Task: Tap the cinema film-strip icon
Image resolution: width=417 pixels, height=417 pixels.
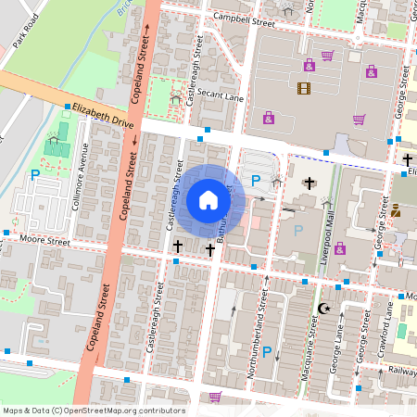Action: [x=303, y=89]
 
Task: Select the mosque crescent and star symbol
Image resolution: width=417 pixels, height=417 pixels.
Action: [x=323, y=308]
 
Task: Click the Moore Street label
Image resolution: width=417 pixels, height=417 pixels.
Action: [x=44, y=241]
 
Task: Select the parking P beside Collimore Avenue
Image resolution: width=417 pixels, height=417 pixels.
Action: [x=35, y=174]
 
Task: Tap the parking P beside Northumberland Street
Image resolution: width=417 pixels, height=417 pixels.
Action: [x=267, y=352]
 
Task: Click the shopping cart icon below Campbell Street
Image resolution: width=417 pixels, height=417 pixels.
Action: [x=327, y=56]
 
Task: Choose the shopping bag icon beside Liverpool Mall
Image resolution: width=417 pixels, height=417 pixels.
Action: [x=339, y=248]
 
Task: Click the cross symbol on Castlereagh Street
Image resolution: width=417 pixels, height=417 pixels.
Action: [x=177, y=246]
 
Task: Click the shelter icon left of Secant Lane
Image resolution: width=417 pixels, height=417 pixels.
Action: [x=176, y=96]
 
